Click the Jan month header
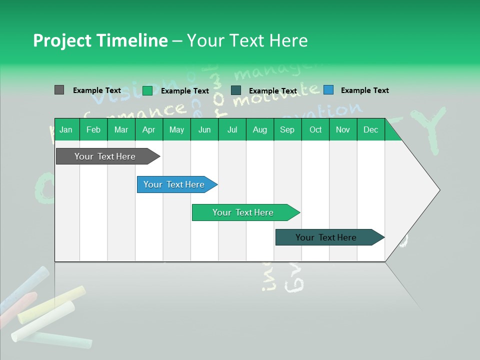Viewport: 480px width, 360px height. click(66, 129)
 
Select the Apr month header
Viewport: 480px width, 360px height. click(148, 129)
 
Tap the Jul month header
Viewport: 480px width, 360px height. click(232, 129)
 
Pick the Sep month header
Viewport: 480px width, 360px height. click(287, 129)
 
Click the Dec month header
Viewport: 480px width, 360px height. click(370, 129)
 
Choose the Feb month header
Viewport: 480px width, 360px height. click(93, 129)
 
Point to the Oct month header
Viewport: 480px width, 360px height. click(315, 129)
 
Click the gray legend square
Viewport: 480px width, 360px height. click(59, 90)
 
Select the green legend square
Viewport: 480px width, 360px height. click(147, 90)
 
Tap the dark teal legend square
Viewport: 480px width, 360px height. click(236, 90)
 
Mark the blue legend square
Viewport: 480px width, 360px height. click(328, 90)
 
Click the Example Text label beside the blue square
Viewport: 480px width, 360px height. click(364, 90)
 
